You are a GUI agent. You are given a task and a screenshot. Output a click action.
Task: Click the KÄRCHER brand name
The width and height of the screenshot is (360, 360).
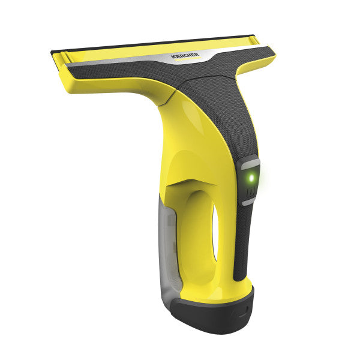tap(185, 55)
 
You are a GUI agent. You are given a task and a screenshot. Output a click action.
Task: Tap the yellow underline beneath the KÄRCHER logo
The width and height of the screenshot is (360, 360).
tap(188, 59)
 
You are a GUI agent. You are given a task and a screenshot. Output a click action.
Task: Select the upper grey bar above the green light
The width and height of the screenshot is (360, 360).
tap(250, 164)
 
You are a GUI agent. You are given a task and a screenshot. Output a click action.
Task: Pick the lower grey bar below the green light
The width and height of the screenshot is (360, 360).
tap(247, 202)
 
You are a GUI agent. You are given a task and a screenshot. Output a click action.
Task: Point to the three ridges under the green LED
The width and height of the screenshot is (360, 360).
tap(250, 193)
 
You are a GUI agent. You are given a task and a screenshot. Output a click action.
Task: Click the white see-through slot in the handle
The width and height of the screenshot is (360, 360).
tap(215, 232)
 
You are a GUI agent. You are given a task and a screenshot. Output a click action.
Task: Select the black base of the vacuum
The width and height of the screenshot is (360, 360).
tap(214, 314)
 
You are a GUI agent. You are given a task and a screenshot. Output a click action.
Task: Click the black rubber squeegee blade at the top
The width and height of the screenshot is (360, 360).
tap(152, 43)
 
